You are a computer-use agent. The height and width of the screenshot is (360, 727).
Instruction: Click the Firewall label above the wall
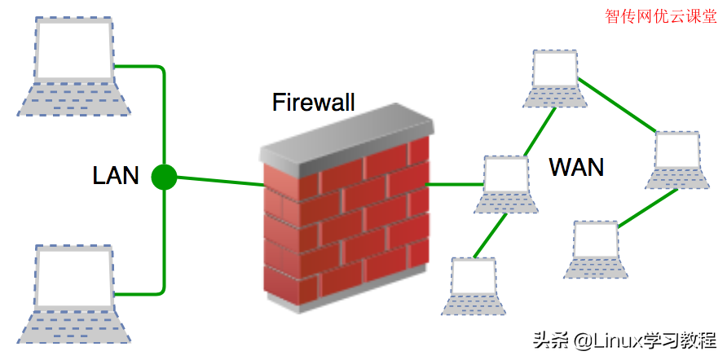tap(314, 103)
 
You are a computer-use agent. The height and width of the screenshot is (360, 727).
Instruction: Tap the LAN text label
tap(116, 175)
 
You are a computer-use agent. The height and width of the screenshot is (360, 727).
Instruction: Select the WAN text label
tap(576, 168)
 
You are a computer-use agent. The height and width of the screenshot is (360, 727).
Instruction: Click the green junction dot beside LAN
tap(164, 177)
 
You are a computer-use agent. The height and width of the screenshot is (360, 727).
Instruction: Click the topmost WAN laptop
tap(555, 79)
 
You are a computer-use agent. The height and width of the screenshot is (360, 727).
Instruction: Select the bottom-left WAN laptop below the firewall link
tap(474, 286)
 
